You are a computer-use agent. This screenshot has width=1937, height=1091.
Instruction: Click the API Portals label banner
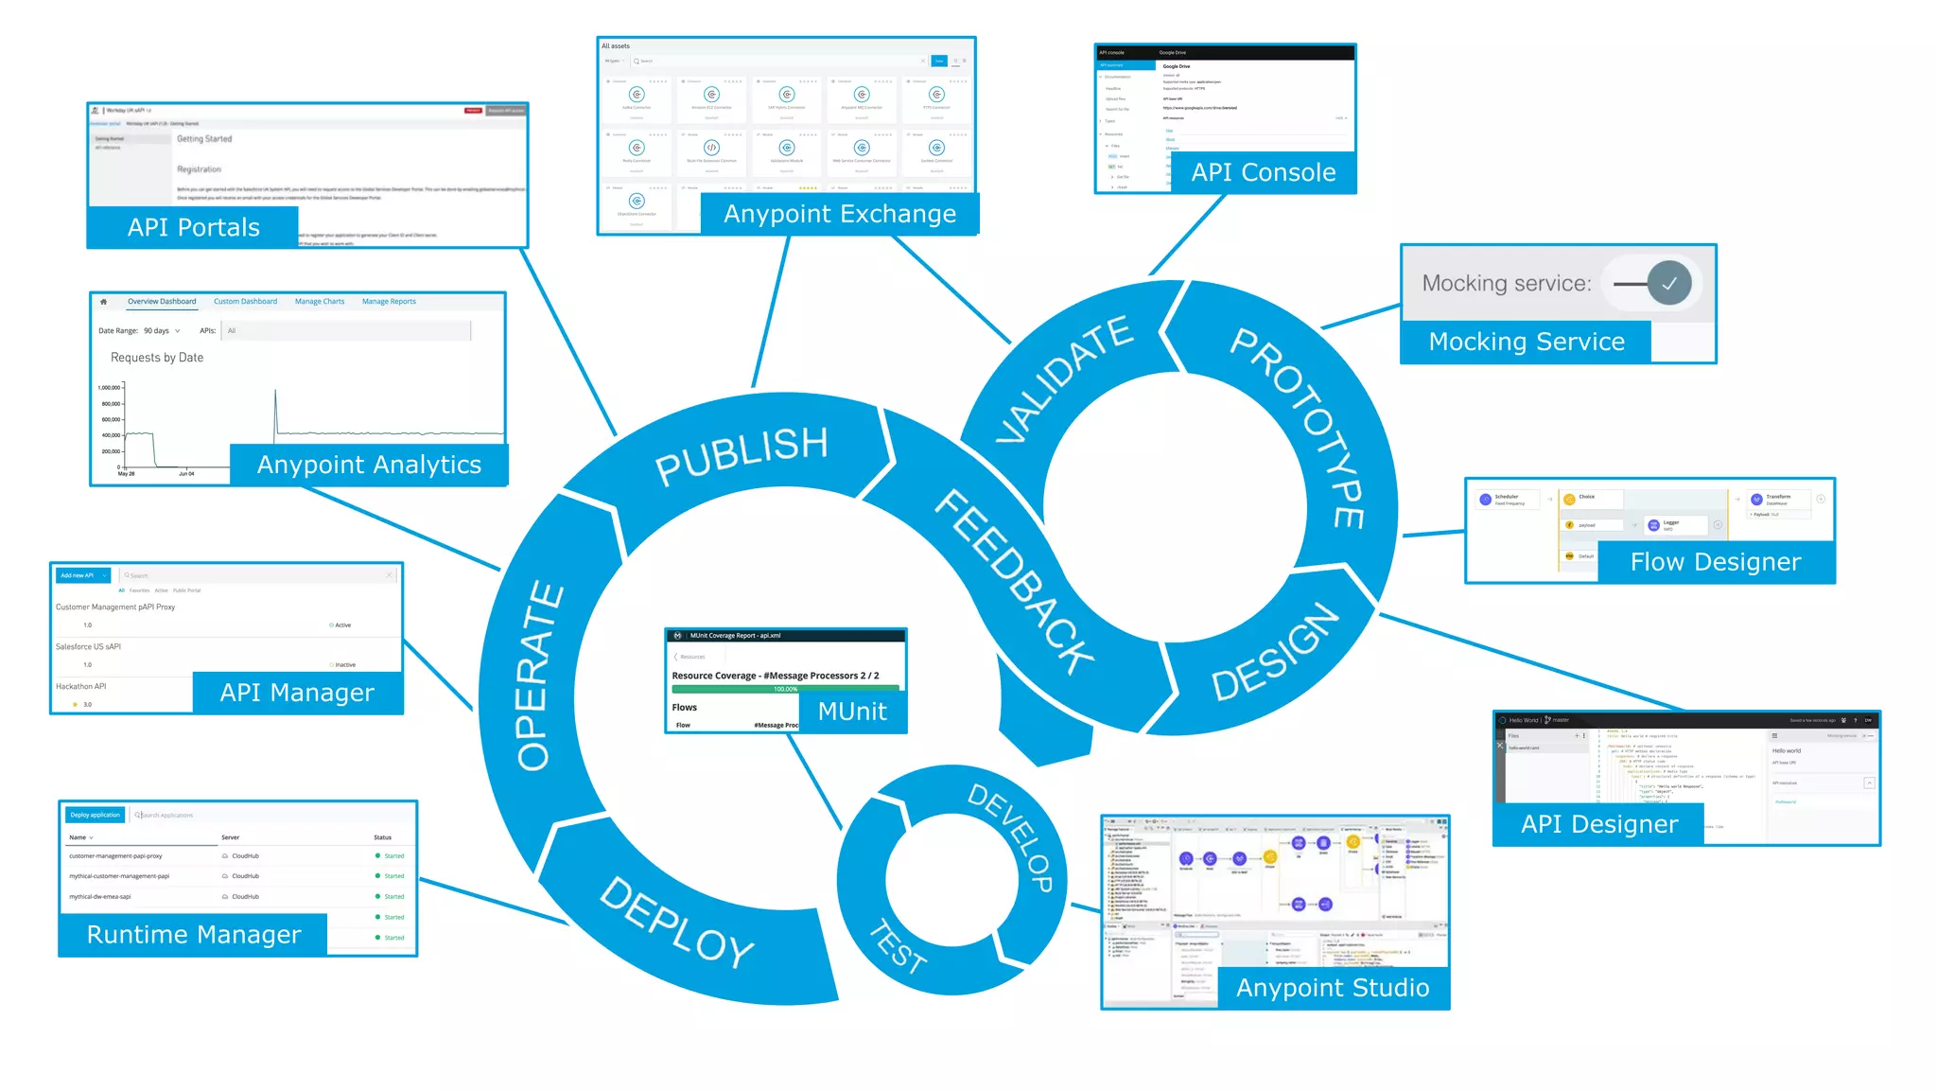(193, 228)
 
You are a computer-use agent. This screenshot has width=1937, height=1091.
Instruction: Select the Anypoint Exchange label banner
(840, 215)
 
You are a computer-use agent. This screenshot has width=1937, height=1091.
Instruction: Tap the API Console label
(1263, 173)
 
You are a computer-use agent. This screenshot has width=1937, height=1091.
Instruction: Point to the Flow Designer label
(1716, 562)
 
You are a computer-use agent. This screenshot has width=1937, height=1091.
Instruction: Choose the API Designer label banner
(1599, 824)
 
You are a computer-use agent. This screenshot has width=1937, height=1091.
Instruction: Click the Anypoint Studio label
(1333, 988)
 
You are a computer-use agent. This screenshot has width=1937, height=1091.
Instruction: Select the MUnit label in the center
(852, 712)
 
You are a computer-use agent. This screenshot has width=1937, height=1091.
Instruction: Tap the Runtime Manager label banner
(194, 935)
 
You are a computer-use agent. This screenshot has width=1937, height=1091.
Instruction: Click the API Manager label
(297, 693)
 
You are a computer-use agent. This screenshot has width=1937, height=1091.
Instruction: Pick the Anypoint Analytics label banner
(369, 465)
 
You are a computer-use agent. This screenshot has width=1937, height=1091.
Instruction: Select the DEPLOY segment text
(677, 923)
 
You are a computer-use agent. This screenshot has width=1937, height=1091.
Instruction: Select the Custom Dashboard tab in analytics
(245, 302)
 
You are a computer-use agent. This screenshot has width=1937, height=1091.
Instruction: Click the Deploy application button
(95, 815)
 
